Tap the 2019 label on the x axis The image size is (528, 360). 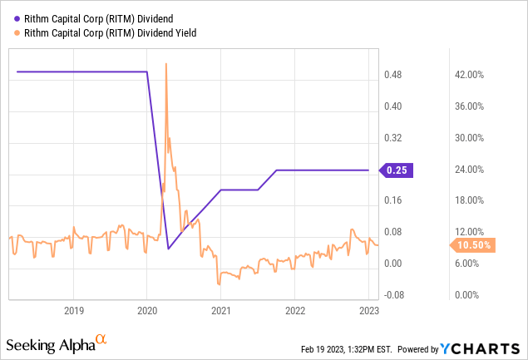click(x=73, y=311)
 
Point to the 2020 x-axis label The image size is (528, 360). click(x=147, y=311)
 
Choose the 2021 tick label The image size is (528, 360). click(x=221, y=311)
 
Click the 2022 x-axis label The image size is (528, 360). click(x=295, y=311)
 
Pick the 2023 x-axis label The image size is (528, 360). click(x=368, y=311)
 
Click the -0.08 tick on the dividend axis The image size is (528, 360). click(x=393, y=294)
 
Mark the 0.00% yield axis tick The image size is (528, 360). click(x=471, y=294)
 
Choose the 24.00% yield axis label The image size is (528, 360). click(x=472, y=170)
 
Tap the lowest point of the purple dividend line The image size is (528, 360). click(x=169, y=249)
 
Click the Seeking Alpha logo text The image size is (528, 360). click(x=50, y=343)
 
